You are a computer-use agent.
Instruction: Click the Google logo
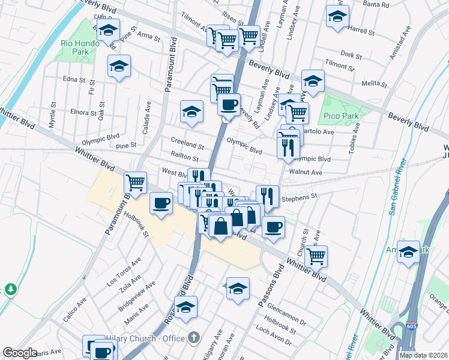coord(20,353)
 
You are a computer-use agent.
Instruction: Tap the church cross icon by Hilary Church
coord(193,337)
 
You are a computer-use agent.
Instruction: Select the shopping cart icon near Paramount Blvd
coord(135,182)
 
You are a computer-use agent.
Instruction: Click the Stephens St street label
coord(299,196)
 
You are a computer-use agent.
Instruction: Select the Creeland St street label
coord(187,145)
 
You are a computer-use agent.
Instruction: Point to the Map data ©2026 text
coord(423,355)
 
